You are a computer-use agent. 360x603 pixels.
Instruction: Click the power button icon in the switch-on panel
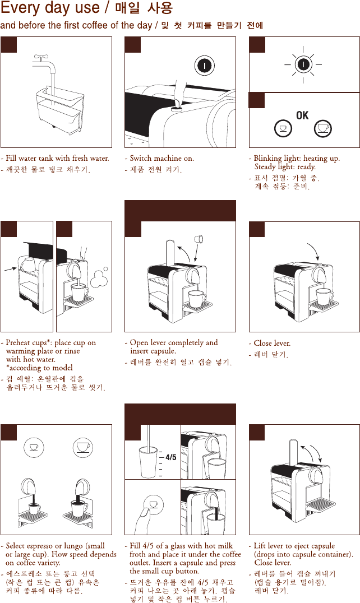tap(206, 66)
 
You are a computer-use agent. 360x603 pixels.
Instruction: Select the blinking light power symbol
tap(303, 64)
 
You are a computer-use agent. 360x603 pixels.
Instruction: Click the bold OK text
tap(302, 115)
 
